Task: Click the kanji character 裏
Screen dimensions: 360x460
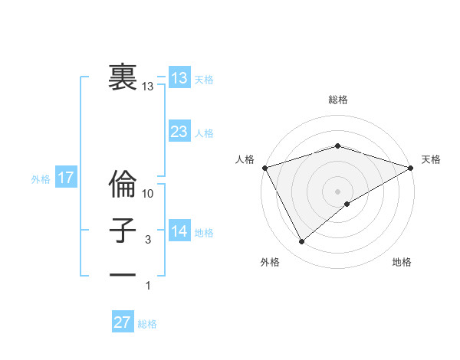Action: click(121, 77)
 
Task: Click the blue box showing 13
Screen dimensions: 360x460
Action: click(179, 78)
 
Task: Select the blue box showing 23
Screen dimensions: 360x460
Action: click(179, 132)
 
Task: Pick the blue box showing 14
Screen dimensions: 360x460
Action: click(179, 231)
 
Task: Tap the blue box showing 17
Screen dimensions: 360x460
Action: click(65, 178)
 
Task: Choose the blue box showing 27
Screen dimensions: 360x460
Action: click(123, 322)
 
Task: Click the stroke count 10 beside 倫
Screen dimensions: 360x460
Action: click(148, 194)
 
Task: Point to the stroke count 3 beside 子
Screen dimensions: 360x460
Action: click(148, 240)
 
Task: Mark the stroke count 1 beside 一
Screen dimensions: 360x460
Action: click(148, 286)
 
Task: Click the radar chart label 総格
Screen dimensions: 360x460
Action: click(337, 100)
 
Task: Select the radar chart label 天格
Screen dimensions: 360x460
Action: click(431, 159)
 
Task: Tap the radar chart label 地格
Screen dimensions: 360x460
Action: click(402, 262)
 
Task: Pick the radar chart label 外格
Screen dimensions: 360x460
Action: click(270, 262)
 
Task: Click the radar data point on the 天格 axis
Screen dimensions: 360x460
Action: click(412, 167)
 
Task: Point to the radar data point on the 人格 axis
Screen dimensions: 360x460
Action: click(264, 167)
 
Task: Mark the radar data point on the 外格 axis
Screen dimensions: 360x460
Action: click(301, 241)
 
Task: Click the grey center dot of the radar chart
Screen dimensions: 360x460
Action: click(337, 191)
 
